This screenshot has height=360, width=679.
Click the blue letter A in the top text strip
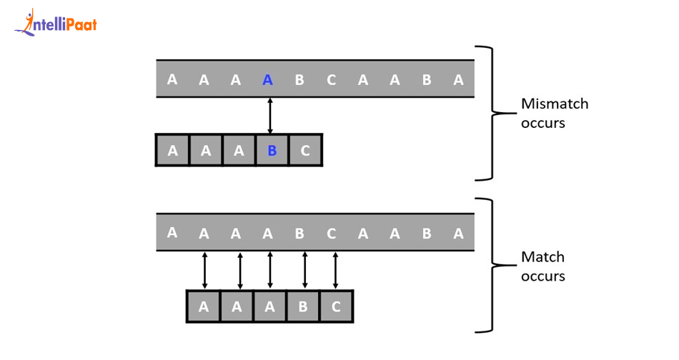(267, 80)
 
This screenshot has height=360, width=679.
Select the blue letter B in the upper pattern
(272, 151)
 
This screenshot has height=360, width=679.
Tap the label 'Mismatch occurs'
(555, 113)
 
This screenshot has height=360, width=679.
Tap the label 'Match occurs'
(543, 266)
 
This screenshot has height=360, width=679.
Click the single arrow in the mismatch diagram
(269, 116)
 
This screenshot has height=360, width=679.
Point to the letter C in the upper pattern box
(305, 151)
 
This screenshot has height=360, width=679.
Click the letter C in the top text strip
(331, 80)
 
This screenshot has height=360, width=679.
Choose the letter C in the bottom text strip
(331, 234)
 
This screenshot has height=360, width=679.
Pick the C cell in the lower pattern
(336, 306)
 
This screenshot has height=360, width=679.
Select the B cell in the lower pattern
(303, 306)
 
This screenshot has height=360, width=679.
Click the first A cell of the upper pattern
(172, 151)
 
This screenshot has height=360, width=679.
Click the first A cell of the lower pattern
(204, 306)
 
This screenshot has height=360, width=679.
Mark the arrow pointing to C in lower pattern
(335, 269)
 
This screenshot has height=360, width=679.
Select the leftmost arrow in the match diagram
(205, 269)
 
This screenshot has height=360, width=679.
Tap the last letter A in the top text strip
(458, 80)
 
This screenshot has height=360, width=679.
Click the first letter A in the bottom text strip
(172, 232)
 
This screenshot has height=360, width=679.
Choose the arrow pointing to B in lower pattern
(305, 269)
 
